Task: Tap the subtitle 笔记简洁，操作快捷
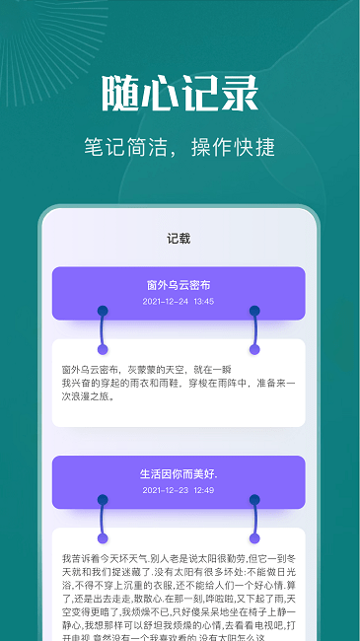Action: (180, 147)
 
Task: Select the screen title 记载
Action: (179, 238)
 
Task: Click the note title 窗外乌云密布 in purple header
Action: (179, 285)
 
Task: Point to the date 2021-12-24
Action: (164, 302)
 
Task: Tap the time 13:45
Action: (204, 302)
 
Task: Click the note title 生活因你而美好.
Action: (179, 473)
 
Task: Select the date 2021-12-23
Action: (164, 490)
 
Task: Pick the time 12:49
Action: (204, 490)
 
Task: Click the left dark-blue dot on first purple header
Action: (103, 311)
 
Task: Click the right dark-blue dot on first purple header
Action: (254, 311)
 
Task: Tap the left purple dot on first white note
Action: (103, 349)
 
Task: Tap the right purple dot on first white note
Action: (254, 349)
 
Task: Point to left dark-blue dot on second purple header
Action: (103, 499)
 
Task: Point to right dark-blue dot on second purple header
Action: (254, 499)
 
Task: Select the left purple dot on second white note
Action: (103, 537)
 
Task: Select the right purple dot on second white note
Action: (254, 537)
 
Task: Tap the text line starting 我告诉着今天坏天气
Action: (179, 558)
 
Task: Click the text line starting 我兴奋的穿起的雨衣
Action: (179, 382)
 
